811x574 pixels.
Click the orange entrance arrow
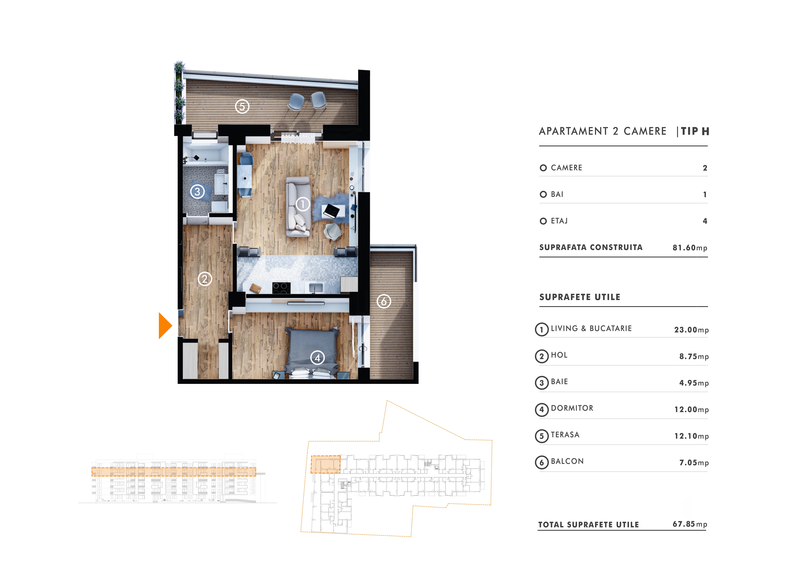pyautogui.click(x=165, y=325)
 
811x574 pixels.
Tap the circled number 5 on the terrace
pyautogui.click(x=242, y=106)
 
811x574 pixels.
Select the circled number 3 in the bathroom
pyautogui.click(x=198, y=192)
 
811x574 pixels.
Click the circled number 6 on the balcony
pyautogui.click(x=384, y=301)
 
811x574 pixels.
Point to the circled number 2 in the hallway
pyautogui.click(x=205, y=279)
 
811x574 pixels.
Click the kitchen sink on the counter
pyautogui.click(x=316, y=287)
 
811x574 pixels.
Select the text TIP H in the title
pyautogui.click(x=695, y=131)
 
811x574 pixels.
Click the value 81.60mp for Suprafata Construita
pyautogui.click(x=690, y=248)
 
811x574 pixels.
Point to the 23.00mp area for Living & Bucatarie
pyautogui.click(x=691, y=330)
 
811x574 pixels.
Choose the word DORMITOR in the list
pyautogui.click(x=572, y=408)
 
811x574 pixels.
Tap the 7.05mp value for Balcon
pyautogui.click(x=694, y=463)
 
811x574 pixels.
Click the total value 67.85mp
pyautogui.click(x=690, y=524)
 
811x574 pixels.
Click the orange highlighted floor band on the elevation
pyautogui.click(x=174, y=472)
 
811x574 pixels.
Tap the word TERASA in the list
pyautogui.click(x=565, y=435)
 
